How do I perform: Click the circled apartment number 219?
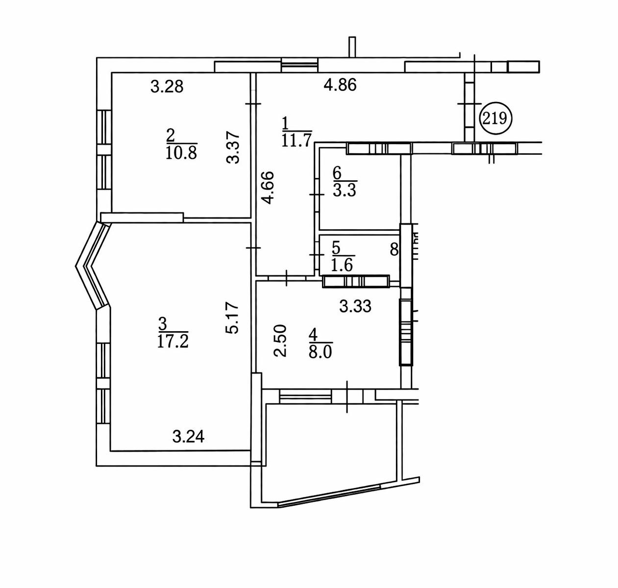point(495,119)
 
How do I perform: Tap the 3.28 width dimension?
point(167,87)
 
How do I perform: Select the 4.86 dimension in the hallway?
point(340,85)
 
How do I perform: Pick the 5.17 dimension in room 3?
point(233,318)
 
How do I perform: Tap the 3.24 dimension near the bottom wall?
point(188,437)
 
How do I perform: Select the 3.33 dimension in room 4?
point(355,306)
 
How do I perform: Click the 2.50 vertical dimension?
point(280,341)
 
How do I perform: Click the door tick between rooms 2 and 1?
point(253,104)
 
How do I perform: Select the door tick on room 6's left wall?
point(317,195)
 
